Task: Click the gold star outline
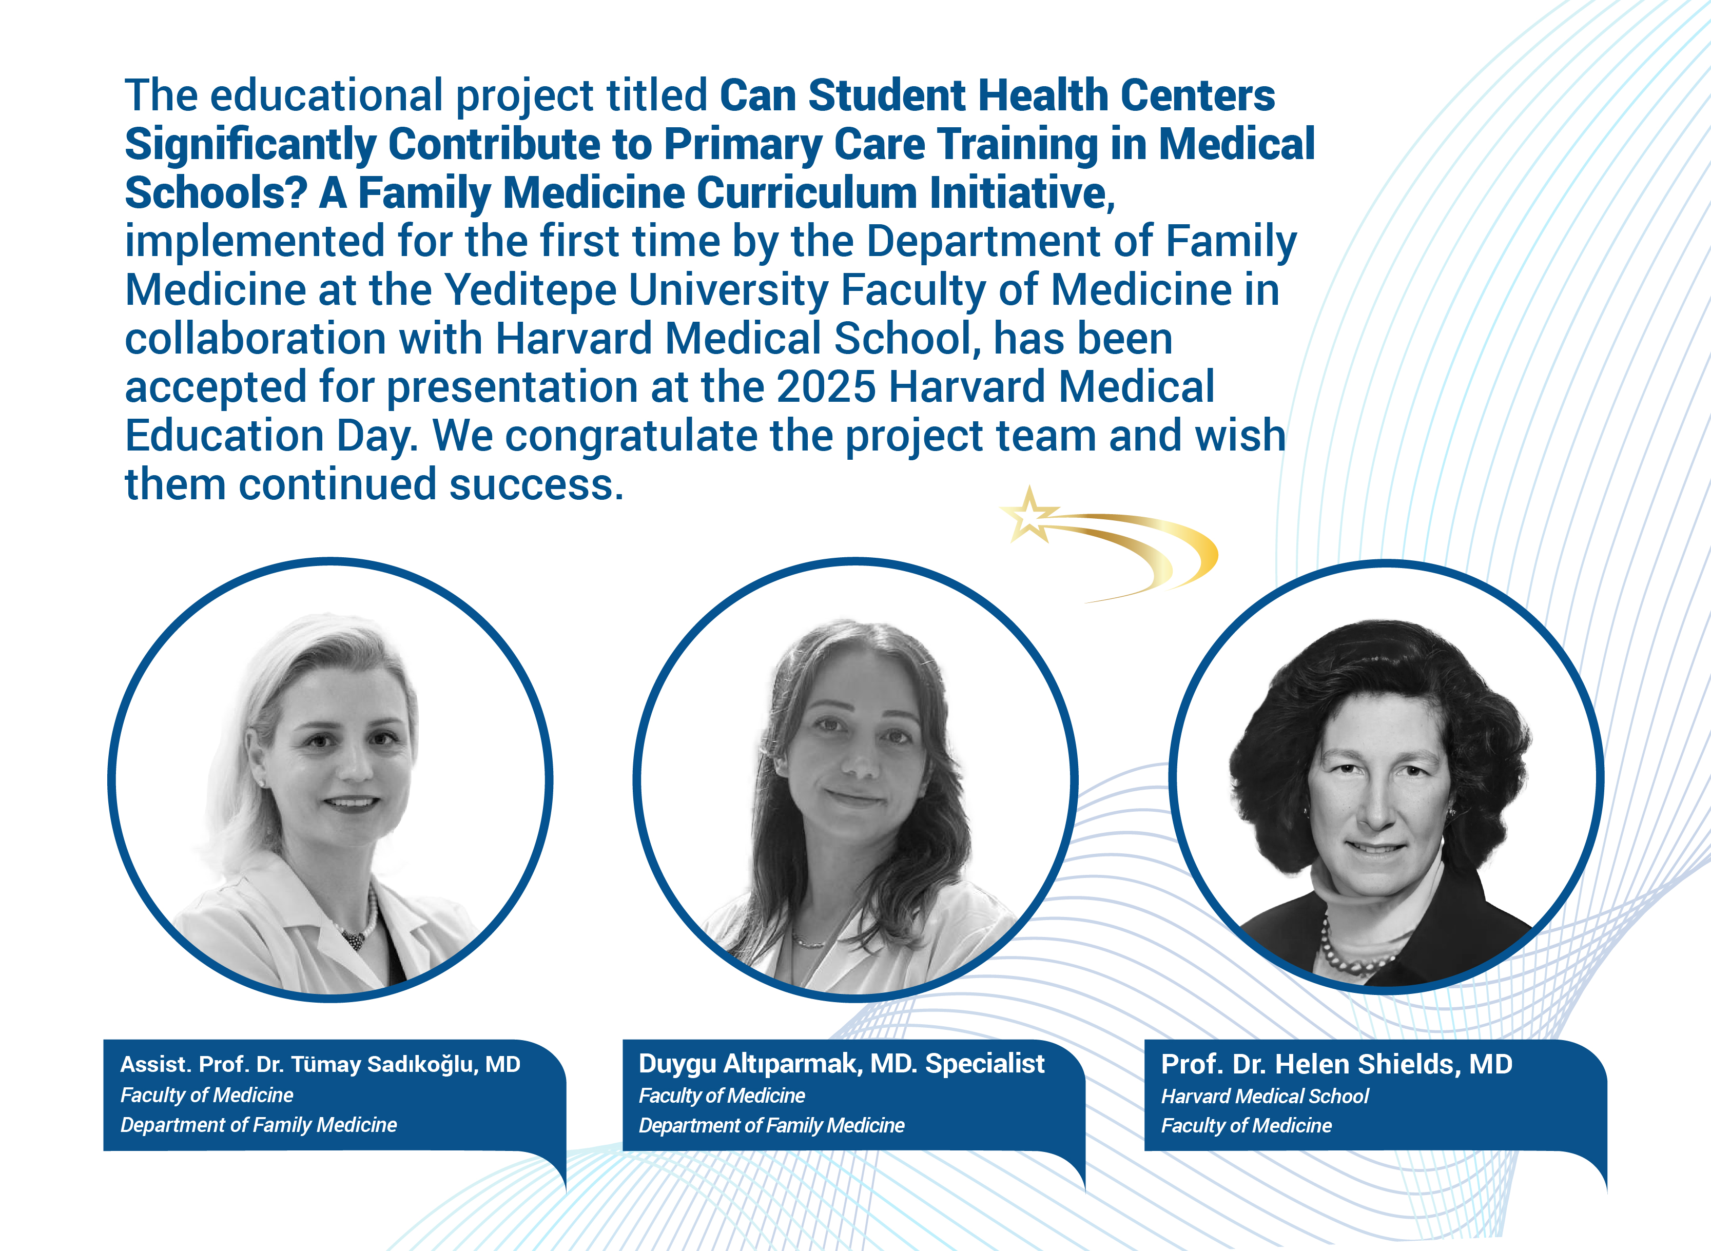[x=1028, y=515]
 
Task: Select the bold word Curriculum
[x=807, y=192]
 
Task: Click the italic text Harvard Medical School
[x=1265, y=1096]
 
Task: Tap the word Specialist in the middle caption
[x=985, y=1065]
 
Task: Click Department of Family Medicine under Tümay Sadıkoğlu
[x=258, y=1125]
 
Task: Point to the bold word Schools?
[x=216, y=192]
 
